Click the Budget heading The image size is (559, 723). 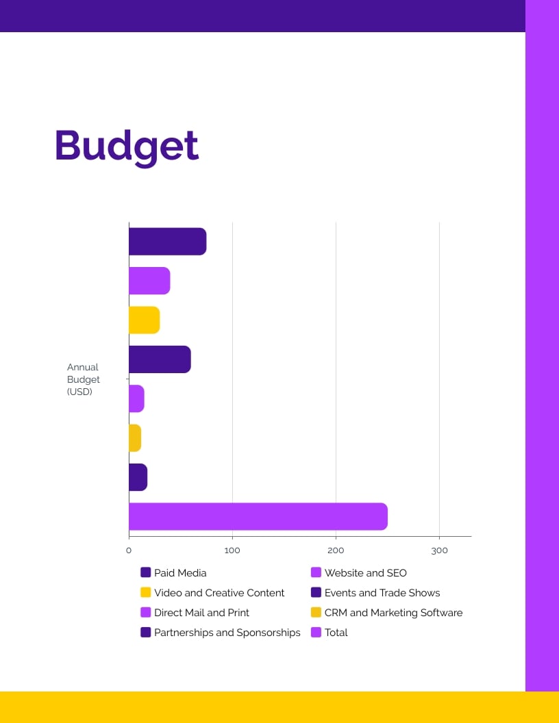coord(127,146)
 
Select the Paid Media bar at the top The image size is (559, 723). coord(167,242)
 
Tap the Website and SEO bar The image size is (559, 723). coord(149,281)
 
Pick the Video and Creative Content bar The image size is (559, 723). coord(144,320)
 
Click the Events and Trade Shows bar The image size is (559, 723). coord(160,359)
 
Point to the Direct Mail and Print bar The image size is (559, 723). coord(136,398)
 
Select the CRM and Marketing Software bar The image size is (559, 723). coord(135,438)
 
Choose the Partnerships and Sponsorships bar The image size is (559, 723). coord(138,477)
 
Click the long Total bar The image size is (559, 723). coord(258,516)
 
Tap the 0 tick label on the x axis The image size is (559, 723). coord(129,550)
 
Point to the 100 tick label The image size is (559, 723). coord(232,550)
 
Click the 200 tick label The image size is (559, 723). coord(336,550)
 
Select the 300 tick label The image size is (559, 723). coord(439,550)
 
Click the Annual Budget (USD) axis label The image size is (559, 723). coord(84,379)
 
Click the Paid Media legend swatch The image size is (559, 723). coord(146,572)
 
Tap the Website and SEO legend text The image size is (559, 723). coord(365,572)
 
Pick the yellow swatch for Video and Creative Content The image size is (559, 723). coord(146,592)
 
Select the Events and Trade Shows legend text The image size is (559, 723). coord(382,592)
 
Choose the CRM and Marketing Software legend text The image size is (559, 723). coord(393,612)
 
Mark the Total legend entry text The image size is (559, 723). coord(336,632)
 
